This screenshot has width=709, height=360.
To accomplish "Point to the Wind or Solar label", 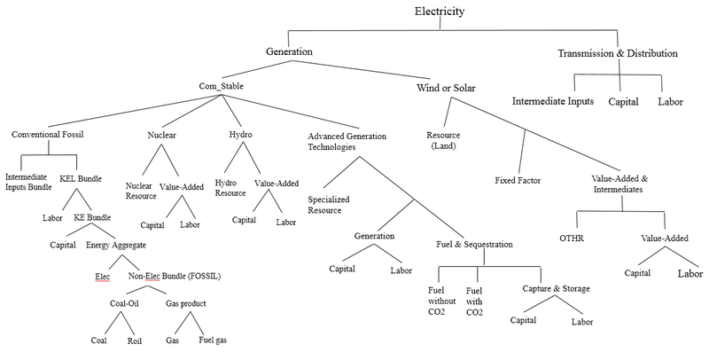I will pos(449,89).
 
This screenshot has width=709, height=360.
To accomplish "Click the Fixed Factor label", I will pos(518,180).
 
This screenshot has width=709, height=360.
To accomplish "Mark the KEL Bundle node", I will pos(82,178).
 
